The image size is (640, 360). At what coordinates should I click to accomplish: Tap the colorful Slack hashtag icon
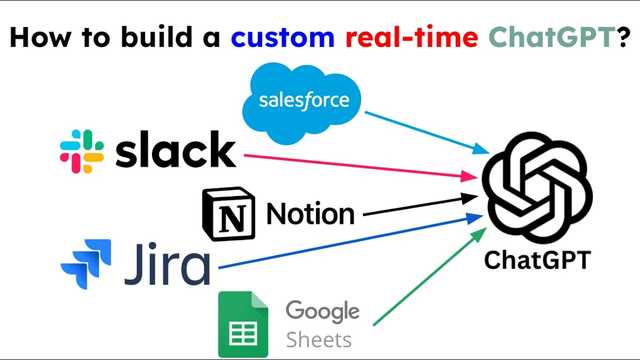82,151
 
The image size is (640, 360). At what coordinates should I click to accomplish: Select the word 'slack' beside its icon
177,151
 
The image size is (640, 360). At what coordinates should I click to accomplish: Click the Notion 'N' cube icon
228,212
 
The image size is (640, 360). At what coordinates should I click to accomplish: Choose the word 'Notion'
310,213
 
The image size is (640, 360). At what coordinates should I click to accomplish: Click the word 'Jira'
167,265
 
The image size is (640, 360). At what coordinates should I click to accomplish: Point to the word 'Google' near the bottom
322,311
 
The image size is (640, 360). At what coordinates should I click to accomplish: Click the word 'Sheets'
318,339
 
